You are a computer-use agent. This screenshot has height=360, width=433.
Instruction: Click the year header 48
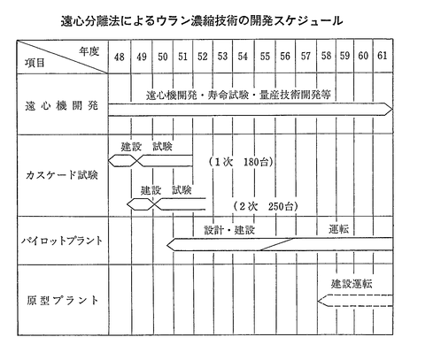pos(120,57)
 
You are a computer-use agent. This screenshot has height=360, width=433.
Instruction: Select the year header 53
pos(222,56)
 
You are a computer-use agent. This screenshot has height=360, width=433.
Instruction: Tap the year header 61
pos(383,55)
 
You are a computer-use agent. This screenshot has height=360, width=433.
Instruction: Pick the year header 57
pos(305,56)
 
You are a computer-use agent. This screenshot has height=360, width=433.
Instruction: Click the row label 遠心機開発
pos(61,105)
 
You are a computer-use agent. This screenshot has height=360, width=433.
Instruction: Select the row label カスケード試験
pos(62,175)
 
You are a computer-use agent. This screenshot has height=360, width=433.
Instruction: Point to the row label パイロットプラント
pos(62,241)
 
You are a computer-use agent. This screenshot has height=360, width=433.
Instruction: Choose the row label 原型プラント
pos(62,300)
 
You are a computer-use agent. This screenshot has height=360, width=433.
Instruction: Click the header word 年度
pos(89,51)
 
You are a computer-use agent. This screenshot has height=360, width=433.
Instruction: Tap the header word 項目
pos(35,63)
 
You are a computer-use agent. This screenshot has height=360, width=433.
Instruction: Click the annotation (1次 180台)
pos(241,162)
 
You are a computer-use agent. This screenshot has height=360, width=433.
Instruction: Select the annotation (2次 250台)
pos(266,206)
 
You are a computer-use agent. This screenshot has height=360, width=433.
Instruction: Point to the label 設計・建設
pos(229,230)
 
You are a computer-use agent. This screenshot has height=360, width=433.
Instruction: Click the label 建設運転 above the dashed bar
pos(352,284)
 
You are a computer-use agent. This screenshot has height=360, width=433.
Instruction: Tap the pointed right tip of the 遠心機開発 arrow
pos(392,110)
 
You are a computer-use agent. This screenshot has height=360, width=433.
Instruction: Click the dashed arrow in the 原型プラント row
pos(355,301)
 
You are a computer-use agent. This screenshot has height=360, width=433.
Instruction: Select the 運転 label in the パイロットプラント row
pos(339,229)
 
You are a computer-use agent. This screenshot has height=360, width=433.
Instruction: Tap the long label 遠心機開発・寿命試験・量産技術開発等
pos(238,95)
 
